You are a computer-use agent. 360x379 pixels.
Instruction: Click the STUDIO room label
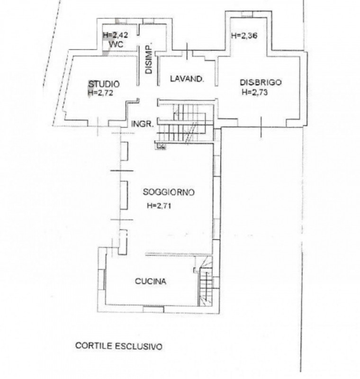pyautogui.click(x=104, y=84)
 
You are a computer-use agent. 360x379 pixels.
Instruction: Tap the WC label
pyautogui.click(x=116, y=44)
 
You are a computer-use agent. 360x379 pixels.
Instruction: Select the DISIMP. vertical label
pyautogui.click(x=149, y=59)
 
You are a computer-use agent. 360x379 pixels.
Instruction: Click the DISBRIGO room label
pyautogui.click(x=261, y=82)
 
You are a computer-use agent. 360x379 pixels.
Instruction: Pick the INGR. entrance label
pyautogui.click(x=143, y=124)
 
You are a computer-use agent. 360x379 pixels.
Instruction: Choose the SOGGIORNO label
pyautogui.click(x=169, y=192)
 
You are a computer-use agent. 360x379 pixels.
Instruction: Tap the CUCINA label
pyautogui.click(x=151, y=281)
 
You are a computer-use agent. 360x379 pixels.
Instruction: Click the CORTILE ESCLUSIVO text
pyautogui.click(x=119, y=346)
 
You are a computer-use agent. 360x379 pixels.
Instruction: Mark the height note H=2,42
pyautogui.click(x=115, y=35)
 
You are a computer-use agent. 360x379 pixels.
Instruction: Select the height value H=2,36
pyautogui.click(x=244, y=36)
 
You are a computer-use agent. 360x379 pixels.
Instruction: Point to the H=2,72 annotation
pyautogui.click(x=100, y=92)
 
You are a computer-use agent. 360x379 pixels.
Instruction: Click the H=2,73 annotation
pyautogui.click(x=255, y=92)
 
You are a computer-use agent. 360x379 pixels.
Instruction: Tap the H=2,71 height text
pyautogui.click(x=159, y=206)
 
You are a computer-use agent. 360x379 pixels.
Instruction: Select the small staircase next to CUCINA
pyautogui.click(x=206, y=281)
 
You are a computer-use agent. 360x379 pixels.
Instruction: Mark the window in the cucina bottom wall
pyautogui.click(x=153, y=309)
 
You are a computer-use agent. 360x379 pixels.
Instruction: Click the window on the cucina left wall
pyautogui.click(x=102, y=280)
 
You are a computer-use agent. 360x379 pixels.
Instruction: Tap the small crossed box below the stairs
pyautogui.click(x=161, y=146)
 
